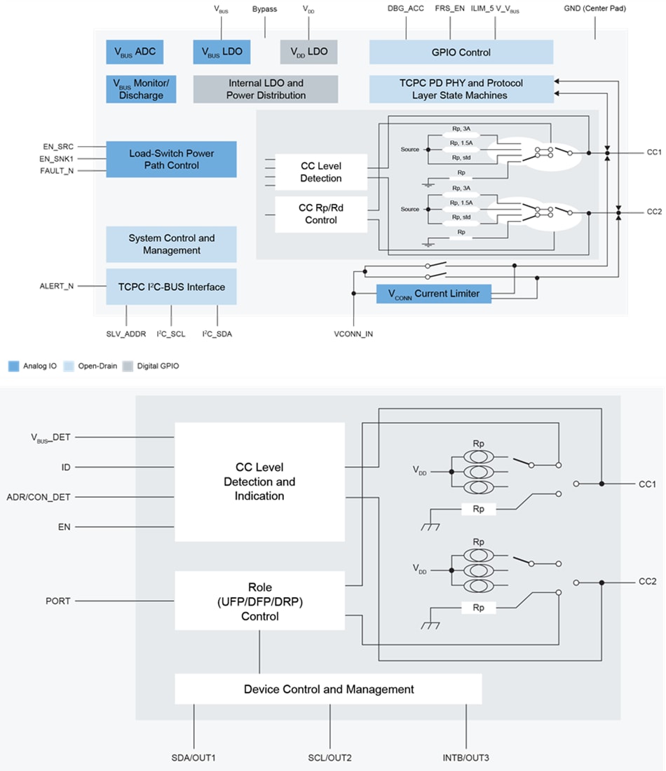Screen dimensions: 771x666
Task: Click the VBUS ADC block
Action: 135,51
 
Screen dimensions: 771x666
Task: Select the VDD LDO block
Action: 308,51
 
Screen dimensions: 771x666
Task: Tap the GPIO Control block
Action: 461,52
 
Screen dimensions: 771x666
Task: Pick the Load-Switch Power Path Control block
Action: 171,159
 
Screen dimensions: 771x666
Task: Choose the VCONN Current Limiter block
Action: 433,294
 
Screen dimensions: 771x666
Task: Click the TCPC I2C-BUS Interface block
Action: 171,286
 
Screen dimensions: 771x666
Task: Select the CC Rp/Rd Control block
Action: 320,214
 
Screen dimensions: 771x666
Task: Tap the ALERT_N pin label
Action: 57,286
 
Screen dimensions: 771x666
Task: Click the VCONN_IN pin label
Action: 353,334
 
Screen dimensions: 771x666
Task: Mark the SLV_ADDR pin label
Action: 126,334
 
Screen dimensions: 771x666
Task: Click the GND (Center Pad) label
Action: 594,8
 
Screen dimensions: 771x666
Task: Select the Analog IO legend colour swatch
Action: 13,366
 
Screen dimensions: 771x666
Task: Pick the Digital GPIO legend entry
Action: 153,366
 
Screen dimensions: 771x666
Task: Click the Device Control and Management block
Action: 328,689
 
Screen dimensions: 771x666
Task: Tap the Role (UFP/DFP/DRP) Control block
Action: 259,601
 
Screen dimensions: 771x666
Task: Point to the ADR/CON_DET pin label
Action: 39,497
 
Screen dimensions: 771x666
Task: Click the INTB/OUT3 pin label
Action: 466,758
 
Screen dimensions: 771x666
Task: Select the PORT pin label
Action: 57,601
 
